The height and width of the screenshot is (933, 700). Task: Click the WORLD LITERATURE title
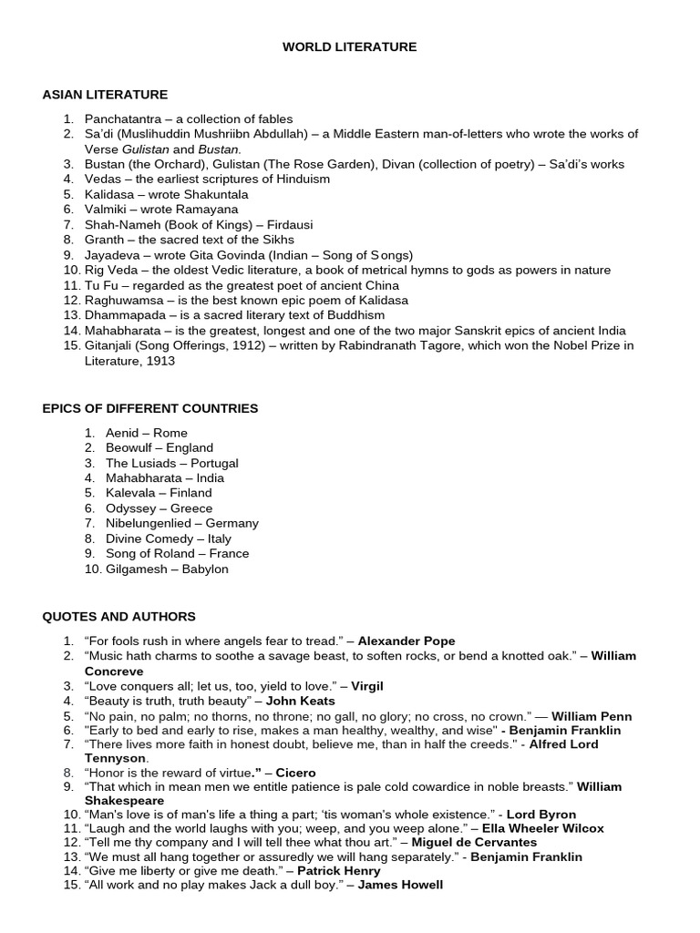tap(349, 46)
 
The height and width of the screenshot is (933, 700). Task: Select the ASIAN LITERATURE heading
tap(105, 95)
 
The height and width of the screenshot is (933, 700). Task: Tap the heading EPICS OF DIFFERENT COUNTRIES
tap(150, 408)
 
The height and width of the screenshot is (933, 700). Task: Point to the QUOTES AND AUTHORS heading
tap(118, 617)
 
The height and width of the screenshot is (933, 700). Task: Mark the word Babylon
tap(205, 569)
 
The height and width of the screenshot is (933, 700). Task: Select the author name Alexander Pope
tap(407, 641)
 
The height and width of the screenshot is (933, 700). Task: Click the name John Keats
tap(300, 701)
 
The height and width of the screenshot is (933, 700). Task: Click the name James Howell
tap(400, 885)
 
